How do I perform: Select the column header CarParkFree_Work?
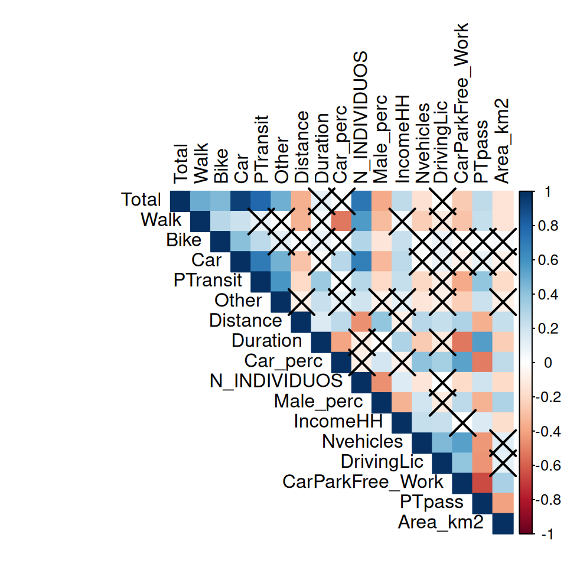[x=461, y=103]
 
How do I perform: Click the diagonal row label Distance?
[x=245, y=321]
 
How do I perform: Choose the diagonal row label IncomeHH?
[x=338, y=421]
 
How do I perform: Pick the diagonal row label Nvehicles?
[x=362, y=441]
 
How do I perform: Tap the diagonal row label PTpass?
[x=435, y=502]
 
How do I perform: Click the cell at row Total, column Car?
[x=240, y=201]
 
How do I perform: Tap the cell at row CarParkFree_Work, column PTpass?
[x=481, y=482]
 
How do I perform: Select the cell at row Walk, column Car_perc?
[x=341, y=221]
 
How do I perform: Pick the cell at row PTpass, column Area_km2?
[x=501, y=502]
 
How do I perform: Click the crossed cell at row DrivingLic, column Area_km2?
[x=501, y=462]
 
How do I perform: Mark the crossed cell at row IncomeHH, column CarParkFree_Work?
[x=461, y=422]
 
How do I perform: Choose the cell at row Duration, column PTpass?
[x=481, y=341]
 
